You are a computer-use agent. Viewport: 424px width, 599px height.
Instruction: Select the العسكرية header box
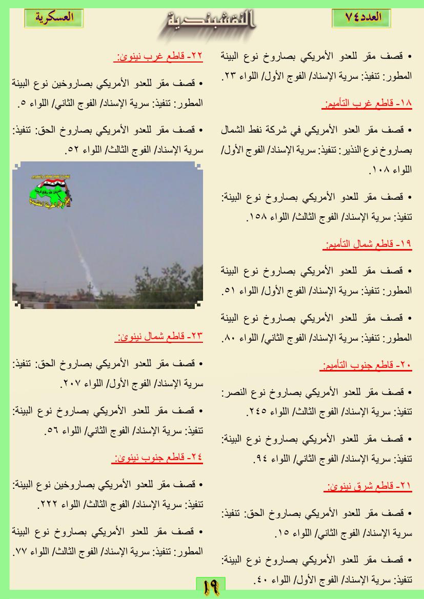coord(54,16)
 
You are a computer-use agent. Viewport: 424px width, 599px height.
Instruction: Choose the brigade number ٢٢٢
coord(44,504)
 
